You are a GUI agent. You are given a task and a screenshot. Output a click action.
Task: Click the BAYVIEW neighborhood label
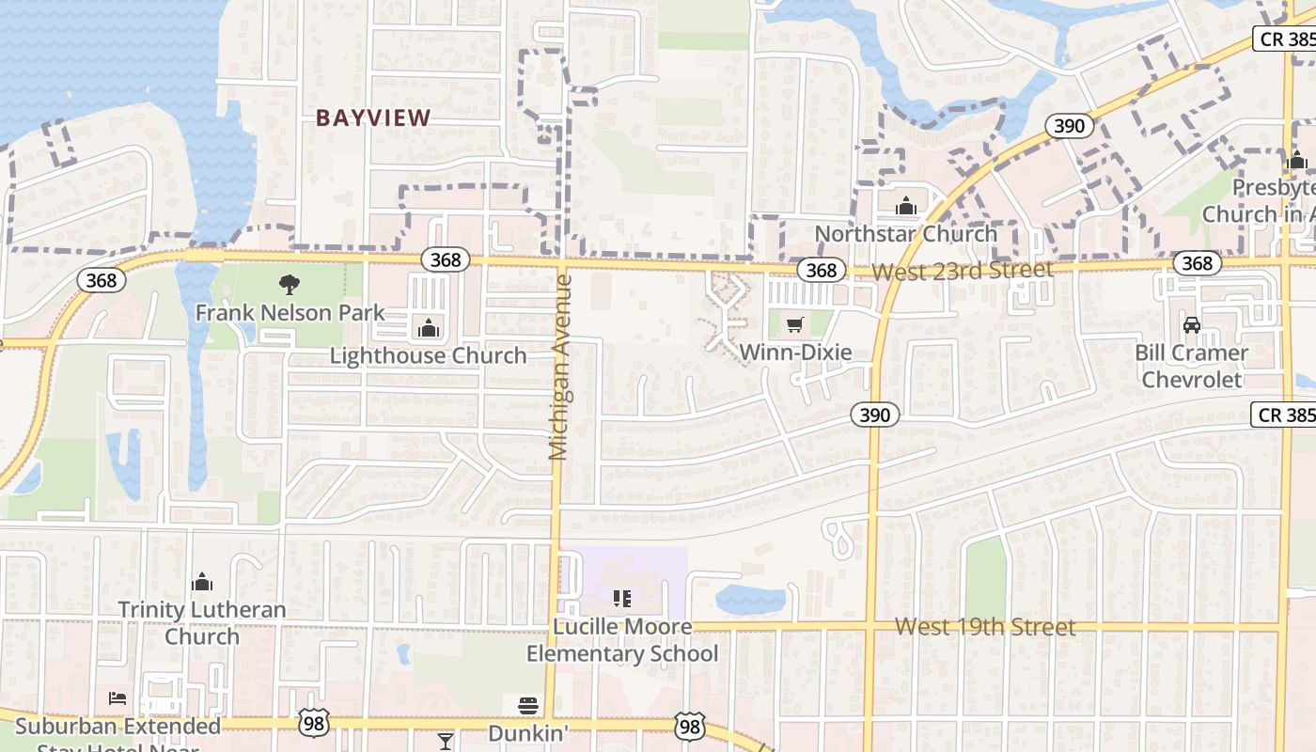click(373, 118)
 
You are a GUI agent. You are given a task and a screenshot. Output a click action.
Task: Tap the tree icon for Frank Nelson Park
click(290, 284)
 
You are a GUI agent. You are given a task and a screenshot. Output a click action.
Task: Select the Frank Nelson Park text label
click(290, 312)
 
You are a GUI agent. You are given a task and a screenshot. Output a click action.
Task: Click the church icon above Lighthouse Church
click(429, 328)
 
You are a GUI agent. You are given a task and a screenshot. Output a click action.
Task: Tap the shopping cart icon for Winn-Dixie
click(795, 325)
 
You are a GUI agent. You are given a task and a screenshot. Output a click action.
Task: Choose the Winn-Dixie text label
click(795, 352)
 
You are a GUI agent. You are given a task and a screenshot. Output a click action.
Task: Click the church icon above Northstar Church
click(906, 206)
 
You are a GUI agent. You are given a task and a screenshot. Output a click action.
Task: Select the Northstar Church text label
click(906, 233)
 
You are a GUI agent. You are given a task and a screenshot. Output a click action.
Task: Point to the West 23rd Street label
click(963, 271)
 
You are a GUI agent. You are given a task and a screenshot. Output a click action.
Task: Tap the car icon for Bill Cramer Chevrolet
click(1192, 325)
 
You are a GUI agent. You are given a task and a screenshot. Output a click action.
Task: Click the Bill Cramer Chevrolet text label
click(1192, 366)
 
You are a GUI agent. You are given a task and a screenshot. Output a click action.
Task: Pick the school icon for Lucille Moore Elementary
click(621, 599)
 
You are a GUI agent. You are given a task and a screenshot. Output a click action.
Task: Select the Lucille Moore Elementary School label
click(621, 640)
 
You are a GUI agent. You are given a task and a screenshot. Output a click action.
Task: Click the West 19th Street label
click(984, 627)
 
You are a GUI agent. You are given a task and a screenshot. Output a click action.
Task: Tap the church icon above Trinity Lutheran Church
click(202, 583)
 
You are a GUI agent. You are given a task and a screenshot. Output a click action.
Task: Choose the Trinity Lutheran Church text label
click(202, 622)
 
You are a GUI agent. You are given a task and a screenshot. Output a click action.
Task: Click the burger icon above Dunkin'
click(528, 706)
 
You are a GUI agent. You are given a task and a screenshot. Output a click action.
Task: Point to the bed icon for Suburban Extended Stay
click(117, 698)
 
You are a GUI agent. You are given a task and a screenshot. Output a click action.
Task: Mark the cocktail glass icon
click(446, 742)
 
